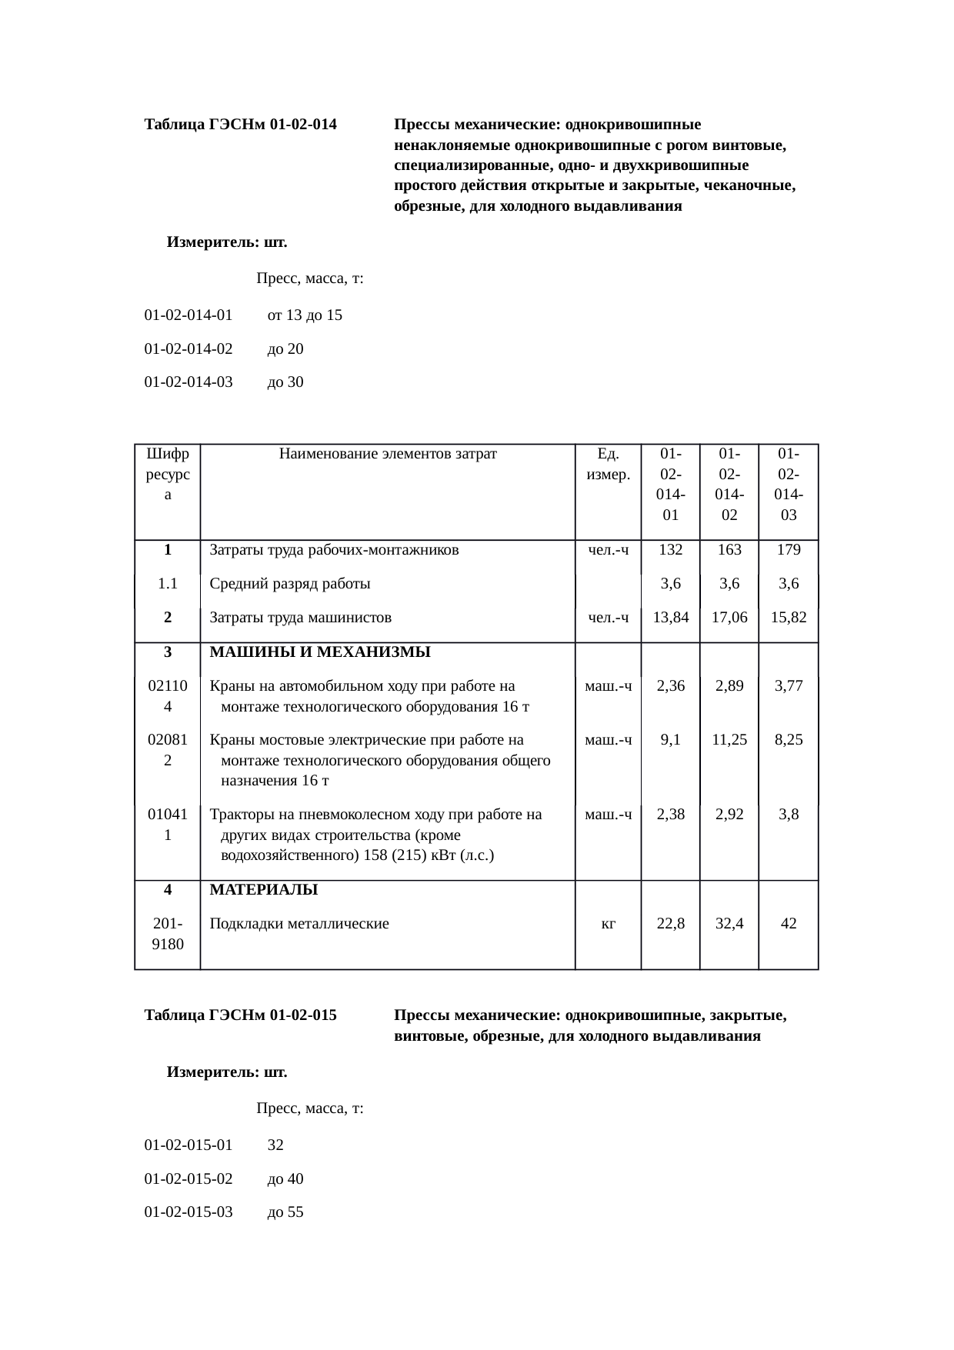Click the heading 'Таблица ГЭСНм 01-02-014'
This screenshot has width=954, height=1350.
[x=240, y=125]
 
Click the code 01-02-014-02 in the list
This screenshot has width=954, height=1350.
[x=188, y=349]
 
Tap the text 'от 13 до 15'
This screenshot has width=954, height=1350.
[x=305, y=315]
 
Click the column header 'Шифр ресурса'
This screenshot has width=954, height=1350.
[x=168, y=474]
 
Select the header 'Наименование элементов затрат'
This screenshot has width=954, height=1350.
[x=388, y=454]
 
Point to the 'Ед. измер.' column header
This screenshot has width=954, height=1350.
[x=608, y=464]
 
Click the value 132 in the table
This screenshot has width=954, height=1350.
[x=670, y=550]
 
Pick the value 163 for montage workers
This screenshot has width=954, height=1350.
[x=729, y=550]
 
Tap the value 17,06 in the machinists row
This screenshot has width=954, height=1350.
[x=729, y=617]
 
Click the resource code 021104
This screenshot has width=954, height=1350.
[x=168, y=696]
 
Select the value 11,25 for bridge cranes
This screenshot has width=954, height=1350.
[x=729, y=740]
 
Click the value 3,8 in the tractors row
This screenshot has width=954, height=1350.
[x=788, y=815]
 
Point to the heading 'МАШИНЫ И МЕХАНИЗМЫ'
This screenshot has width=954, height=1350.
[x=320, y=652]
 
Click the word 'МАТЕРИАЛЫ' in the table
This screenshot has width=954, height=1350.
[x=264, y=890]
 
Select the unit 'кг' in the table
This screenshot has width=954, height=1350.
[x=608, y=924]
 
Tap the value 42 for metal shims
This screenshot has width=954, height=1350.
[x=788, y=924]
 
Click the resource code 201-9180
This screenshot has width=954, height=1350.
[x=168, y=934]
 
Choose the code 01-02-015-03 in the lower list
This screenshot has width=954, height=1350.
[x=188, y=1212]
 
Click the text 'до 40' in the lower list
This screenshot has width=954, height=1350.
[x=285, y=1178]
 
